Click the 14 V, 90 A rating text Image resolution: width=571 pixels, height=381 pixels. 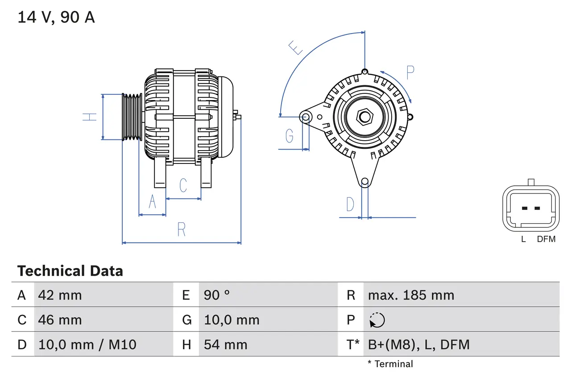[x=56, y=17]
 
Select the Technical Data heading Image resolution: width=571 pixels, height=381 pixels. [x=70, y=271]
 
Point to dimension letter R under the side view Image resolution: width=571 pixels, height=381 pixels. [x=181, y=229]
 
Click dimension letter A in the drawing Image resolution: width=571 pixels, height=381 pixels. [x=152, y=202]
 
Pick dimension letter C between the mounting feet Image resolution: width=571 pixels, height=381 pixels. [x=183, y=185]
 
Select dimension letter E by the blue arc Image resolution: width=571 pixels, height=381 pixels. [x=296, y=47]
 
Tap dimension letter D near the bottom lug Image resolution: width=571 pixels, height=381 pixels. [x=350, y=204]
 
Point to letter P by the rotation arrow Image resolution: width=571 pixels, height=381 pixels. [x=410, y=72]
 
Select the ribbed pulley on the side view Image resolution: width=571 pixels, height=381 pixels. [x=132, y=117]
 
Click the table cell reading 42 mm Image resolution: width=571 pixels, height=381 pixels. [x=60, y=295]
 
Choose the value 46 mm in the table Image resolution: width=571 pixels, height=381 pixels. [x=60, y=320]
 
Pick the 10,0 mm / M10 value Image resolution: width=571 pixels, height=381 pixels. [x=87, y=344]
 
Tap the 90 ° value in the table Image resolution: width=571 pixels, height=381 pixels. [x=217, y=295]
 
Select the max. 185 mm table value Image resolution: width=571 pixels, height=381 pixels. [x=411, y=295]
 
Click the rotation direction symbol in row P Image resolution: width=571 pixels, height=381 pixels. [x=377, y=320]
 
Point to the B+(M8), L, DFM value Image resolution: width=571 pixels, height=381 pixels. [x=418, y=344]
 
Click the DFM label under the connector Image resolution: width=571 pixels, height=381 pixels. [x=546, y=239]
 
